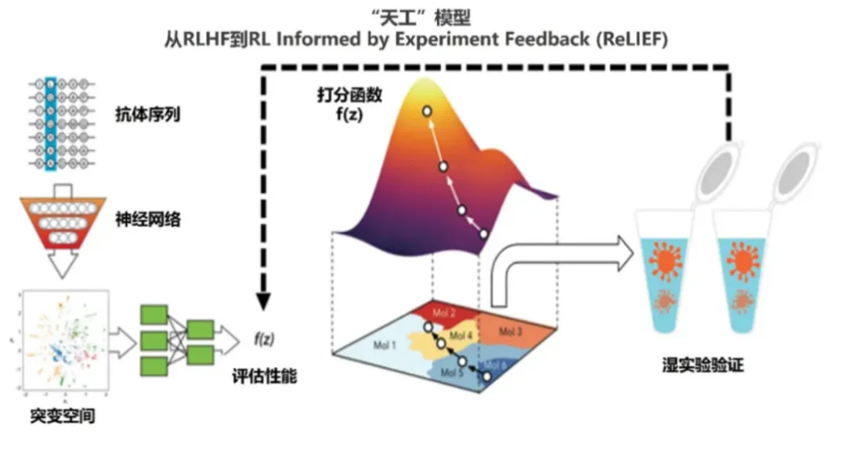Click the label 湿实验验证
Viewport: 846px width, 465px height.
click(x=702, y=365)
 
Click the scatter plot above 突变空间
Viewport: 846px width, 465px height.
click(x=60, y=342)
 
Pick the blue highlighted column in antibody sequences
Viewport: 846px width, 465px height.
click(x=50, y=122)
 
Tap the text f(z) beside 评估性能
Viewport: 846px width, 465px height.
click(x=265, y=340)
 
